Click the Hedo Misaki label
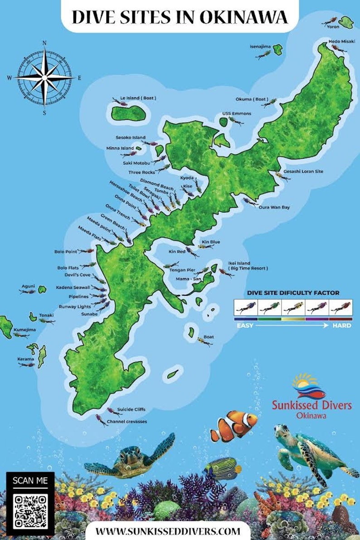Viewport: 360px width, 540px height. [x=340, y=41]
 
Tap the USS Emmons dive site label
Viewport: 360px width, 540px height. [x=236, y=113]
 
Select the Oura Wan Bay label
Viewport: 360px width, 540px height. [x=274, y=207]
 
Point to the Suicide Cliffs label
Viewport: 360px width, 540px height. [x=131, y=409]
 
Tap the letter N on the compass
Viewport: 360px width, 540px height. [x=44, y=43]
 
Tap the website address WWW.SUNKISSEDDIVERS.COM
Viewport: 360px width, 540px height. [x=167, y=530]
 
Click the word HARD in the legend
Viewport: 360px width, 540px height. [x=341, y=325]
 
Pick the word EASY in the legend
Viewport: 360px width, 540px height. [x=244, y=325]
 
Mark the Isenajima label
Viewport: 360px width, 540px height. [x=260, y=46]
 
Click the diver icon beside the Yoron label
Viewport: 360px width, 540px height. [x=330, y=21]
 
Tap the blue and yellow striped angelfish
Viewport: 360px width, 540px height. [x=222, y=469]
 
